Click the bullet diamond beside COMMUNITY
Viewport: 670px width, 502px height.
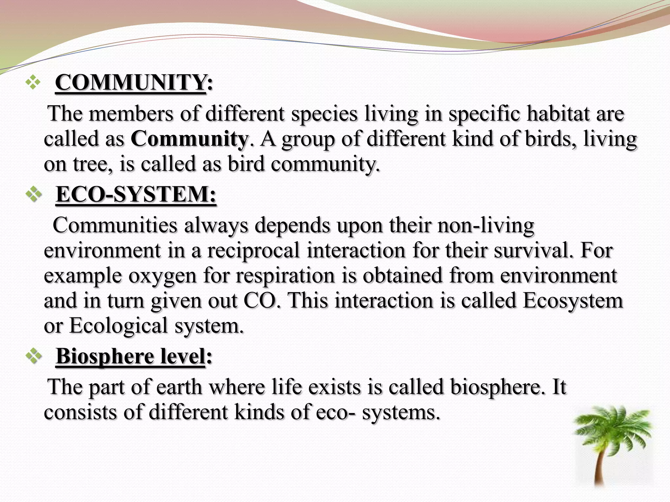click(33, 82)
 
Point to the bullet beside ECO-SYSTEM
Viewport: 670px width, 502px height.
click(34, 195)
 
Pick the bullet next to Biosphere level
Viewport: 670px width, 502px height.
click(34, 356)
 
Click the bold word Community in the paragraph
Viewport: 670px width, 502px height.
click(189, 139)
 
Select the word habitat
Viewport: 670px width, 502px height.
click(558, 114)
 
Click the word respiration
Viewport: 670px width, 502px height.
click(285, 275)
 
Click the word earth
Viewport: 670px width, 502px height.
click(179, 387)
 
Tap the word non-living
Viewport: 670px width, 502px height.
click(485, 226)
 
